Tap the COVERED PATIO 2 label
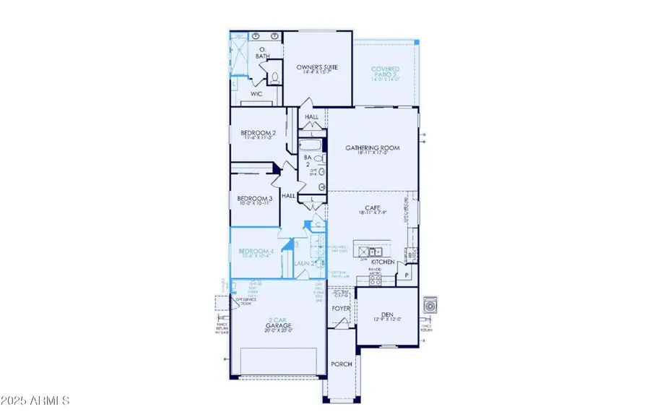tap(385, 73)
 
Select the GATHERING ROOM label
tap(372, 148)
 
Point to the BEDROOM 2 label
tap(259, 133)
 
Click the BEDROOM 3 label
tap(254, 199)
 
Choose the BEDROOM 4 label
tap(254, 252)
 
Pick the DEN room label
tap(388, 314)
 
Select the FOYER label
tap(341, 309)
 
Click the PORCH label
tap(341, 364)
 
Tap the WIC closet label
tap(256, 94)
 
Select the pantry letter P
tap(407, 275)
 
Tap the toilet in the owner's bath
tap(274, 77)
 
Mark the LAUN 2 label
tap(302, 263)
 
